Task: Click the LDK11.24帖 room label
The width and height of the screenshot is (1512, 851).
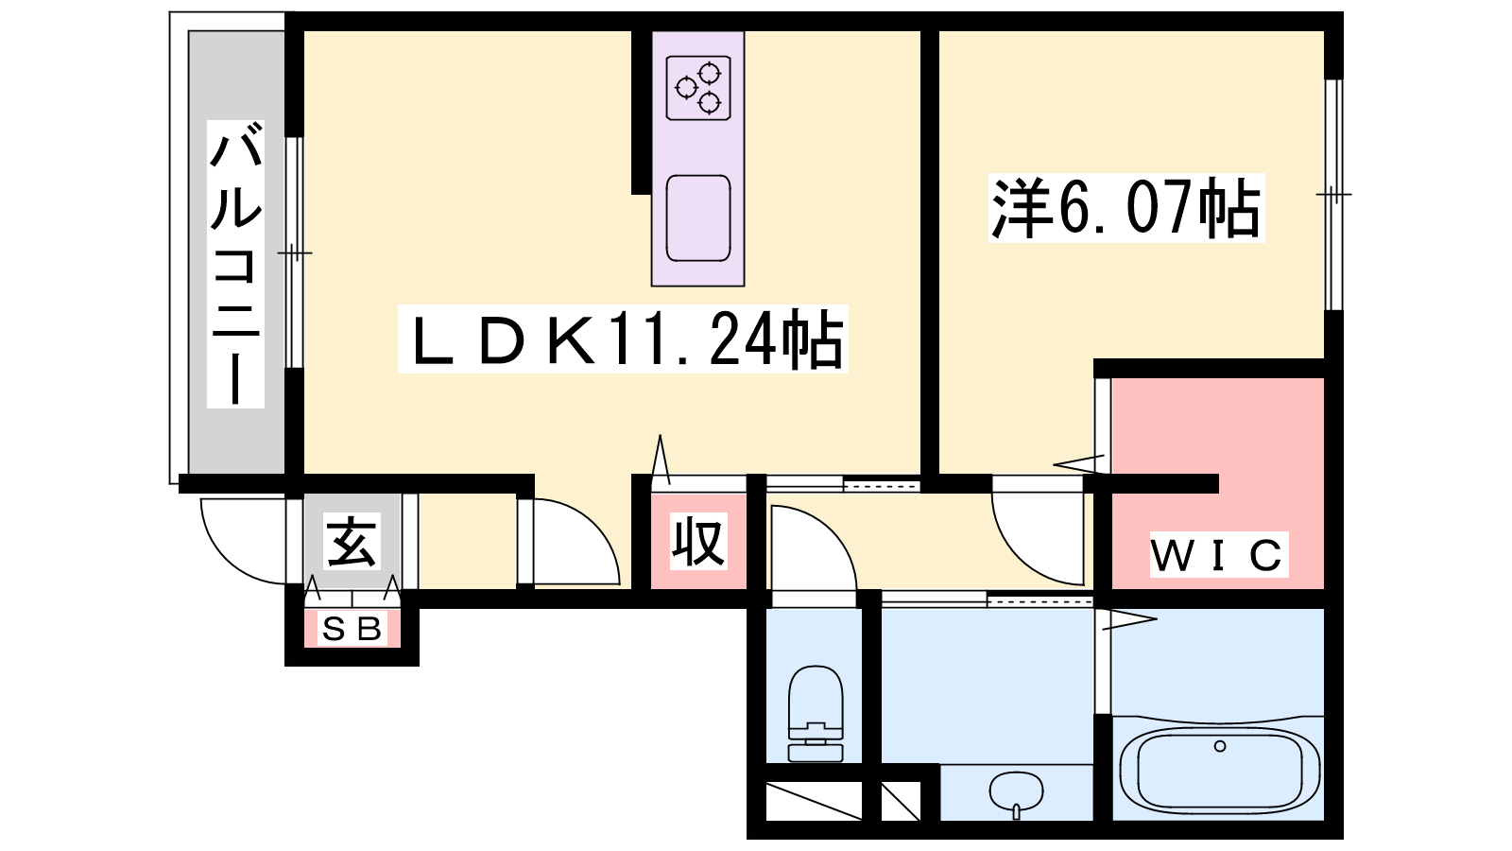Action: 623,339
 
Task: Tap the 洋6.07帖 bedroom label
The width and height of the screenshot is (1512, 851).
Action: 1125,208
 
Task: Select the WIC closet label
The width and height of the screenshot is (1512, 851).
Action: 1218,555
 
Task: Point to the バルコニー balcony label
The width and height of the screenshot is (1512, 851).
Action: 235,264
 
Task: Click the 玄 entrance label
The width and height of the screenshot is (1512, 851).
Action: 352,541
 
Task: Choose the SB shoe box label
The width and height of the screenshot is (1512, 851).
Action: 352,630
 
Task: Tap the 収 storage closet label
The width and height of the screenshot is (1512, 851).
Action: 698,541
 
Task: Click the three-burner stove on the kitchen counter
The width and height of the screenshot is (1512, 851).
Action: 698,89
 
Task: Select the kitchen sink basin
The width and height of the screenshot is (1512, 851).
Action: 698,218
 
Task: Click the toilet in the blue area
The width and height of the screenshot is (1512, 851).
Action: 816,713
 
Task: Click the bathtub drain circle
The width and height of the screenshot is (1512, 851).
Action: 1219,746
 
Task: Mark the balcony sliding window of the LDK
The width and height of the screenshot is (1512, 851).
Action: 294,252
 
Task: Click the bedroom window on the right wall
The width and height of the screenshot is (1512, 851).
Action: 1333,195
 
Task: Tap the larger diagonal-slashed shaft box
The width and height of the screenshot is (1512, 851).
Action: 814,801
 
